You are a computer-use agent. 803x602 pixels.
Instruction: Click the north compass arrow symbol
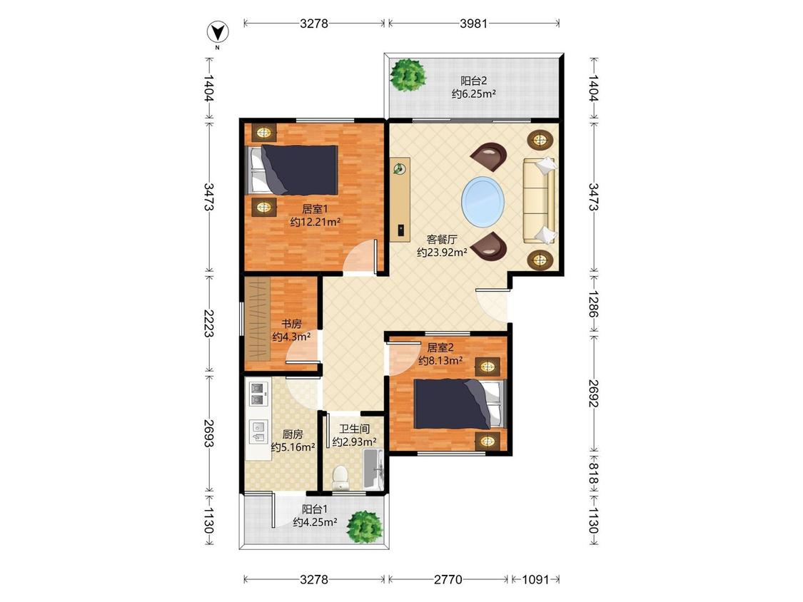pyautogui.click(x=218, y=32)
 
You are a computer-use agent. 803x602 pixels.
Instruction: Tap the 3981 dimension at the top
pyautogui.click(x=473, y=23)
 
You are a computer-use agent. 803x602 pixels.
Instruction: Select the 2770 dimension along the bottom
pyautogui.click(x=448, y=579)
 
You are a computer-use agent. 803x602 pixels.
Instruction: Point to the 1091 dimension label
pyautogui.click(x=535, y=579)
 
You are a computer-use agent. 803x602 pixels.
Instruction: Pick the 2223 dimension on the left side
pyautogui.click(x=208, y=323)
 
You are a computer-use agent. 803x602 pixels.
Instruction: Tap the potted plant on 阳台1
pyautogui.click(x=365, y=526)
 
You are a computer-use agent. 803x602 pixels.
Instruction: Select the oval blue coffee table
pyautogui.click(x=483, y=201)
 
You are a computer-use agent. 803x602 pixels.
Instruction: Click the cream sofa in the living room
pyautogui.click(x=540, y=200)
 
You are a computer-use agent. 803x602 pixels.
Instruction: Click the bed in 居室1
pyautogui.click(x=293, y=170)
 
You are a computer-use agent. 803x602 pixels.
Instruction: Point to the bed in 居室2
pyautogui.click(x=460, y=404)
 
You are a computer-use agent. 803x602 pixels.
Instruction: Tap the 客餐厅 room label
pyautogui.click(x=442, y=239)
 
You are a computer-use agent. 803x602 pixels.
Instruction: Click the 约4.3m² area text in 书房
pyautogui.click(x=291, y=337)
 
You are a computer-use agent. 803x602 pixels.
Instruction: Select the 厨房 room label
pyautogui.click(x=293, y=434)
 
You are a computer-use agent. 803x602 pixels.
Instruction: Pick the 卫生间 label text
pyautogui.click(x=354, y=429)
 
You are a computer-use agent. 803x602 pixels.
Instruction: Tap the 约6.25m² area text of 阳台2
pyautogui.click(x=474, y=93)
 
